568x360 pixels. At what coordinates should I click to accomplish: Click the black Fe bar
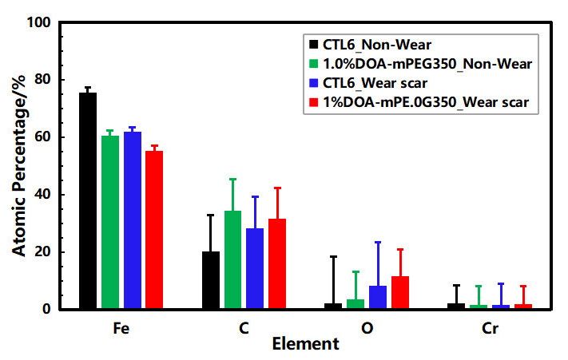coord(88,200)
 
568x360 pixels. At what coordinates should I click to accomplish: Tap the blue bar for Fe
coord(132,220)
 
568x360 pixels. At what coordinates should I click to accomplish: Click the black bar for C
coord(211,280)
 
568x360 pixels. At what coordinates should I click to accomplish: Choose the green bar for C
coord(232,259)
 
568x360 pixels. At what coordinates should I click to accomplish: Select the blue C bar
coord(255,268)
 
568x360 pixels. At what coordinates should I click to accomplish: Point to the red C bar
coord(276,263)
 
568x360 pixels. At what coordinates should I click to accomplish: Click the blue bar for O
coord(378,297)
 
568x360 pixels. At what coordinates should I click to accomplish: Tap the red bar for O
coord(399,292)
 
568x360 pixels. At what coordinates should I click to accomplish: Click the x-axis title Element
coord(305,345)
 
